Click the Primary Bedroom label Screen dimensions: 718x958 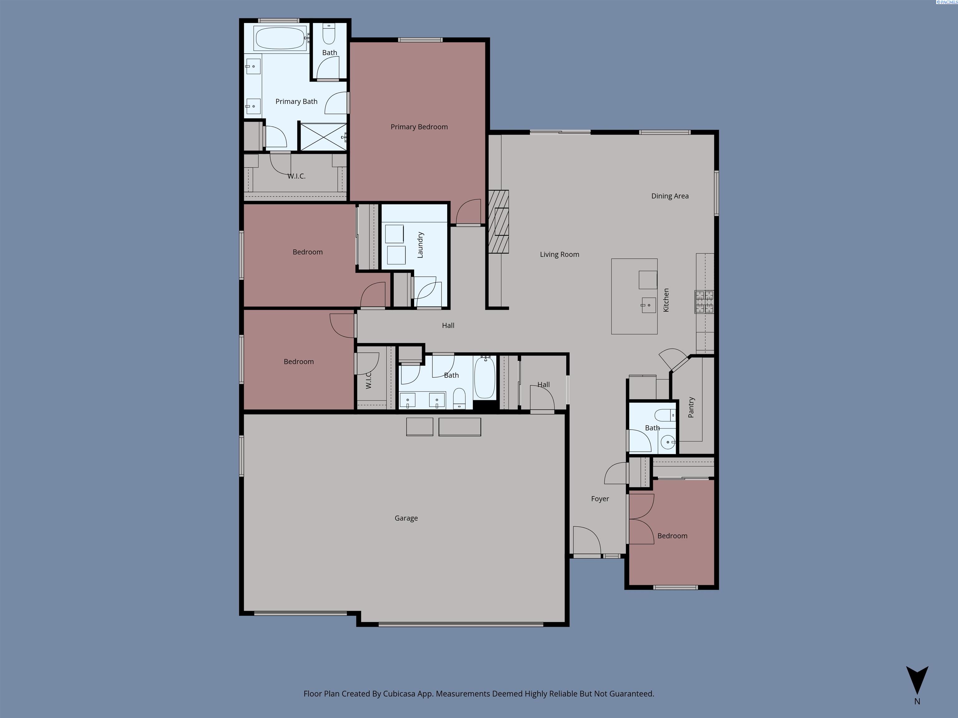click(x=419, y=127)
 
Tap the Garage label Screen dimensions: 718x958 click(x=406, y=518)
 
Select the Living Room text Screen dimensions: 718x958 click(x=559, y=255)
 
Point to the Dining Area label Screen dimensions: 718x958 click(x=670, y=196)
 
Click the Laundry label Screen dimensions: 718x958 click(x=420, y=245)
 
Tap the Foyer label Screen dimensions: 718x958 click(x=600, y=499)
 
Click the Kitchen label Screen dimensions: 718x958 click(x=666, y=300)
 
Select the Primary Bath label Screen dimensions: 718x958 click(x=296, y=101)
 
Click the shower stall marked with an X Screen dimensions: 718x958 click(x=323, y=136)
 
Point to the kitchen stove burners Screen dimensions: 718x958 click(x=704, y=302)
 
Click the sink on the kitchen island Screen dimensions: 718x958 click(x=648, y=305)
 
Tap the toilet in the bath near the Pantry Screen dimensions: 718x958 click(x=664, y=415)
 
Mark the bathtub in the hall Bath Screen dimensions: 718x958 click(x=485, y=377)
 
